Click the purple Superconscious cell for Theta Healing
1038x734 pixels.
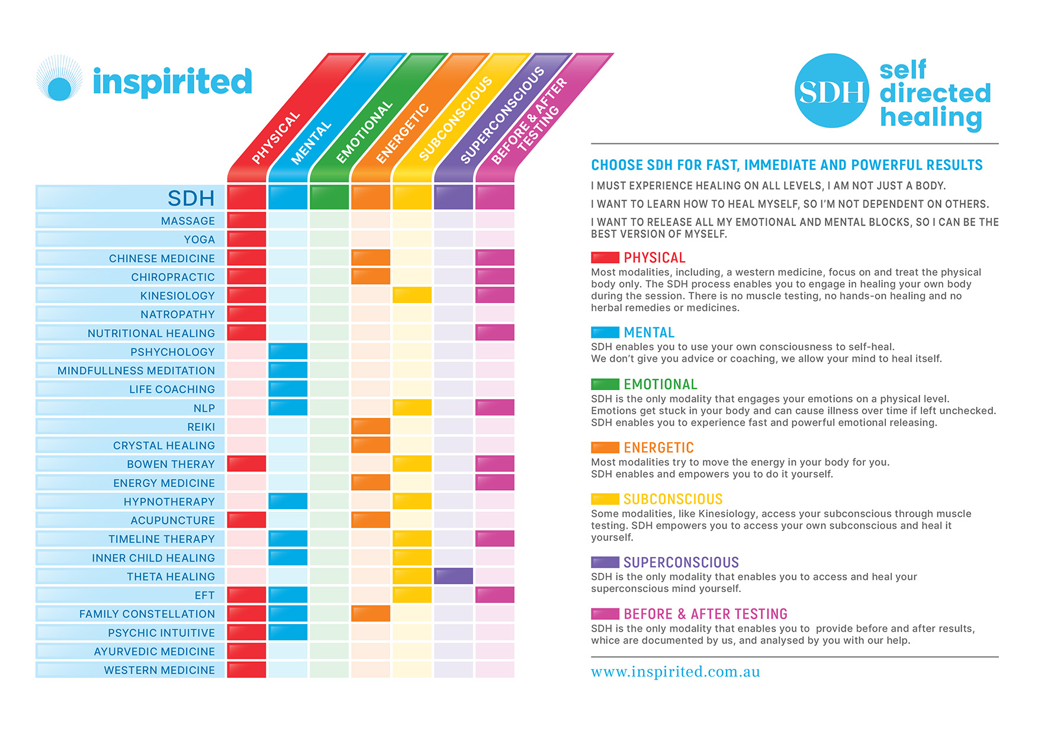click(x=453, y=576)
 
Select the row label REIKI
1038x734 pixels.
click(x=201, y=427)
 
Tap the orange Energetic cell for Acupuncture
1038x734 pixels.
click(x=371, y=520)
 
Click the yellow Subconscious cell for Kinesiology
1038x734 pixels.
click(x=412, y=295)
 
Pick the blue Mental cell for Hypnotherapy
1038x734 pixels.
click(x=288, y=501)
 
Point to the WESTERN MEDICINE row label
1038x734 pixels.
click(x=159, y=670)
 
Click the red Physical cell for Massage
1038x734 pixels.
click(x=246, y=220)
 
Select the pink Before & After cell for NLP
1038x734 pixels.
click(x=494, y=407)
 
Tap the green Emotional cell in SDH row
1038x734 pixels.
click(x=329, y=197)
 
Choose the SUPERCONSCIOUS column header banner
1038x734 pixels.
click(x=502, y=115)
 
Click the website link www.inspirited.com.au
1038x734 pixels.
click(x=675, y=672)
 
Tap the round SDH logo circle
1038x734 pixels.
click(x=831, y=91)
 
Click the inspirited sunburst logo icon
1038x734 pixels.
click(x=59, y=79)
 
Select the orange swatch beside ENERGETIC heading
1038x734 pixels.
click(x=605, y=448)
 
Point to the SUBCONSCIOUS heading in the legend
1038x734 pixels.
click(x=673, y=499)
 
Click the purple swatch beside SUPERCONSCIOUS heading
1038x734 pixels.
click(x=605, y=562)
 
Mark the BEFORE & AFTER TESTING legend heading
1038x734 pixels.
click(x=705, y=614)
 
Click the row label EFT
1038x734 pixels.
click(x=204, y=595)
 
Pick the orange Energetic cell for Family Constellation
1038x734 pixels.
click(x=371, y=613)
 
